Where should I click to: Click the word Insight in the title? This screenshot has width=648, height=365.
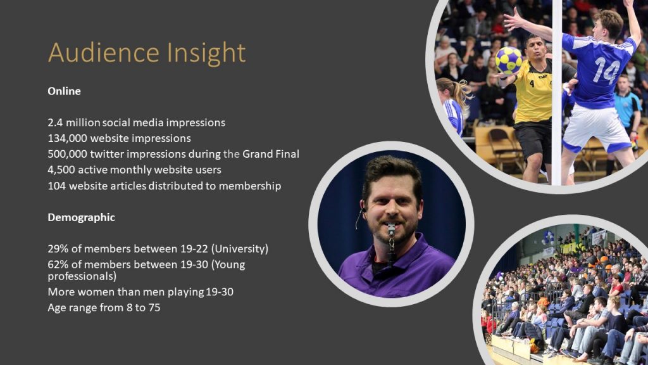click(x=207, y=53)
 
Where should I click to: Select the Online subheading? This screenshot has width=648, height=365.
click(x=64, y=91)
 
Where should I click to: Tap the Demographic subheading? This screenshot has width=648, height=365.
click(x=82, y=218)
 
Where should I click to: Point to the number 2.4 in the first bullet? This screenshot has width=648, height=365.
click(x=56, y=122)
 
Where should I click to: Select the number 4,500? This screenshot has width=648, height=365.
click(x=61, y=170)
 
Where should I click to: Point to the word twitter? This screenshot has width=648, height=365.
click(x=106, y=154)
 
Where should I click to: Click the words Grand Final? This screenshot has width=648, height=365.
click(x=271, y=154)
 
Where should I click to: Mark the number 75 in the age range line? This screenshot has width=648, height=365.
click(x=154, y=307)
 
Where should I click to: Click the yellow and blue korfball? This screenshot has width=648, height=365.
click(x=509, y=60)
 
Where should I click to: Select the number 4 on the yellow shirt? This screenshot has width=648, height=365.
click(x=532, y=84)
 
